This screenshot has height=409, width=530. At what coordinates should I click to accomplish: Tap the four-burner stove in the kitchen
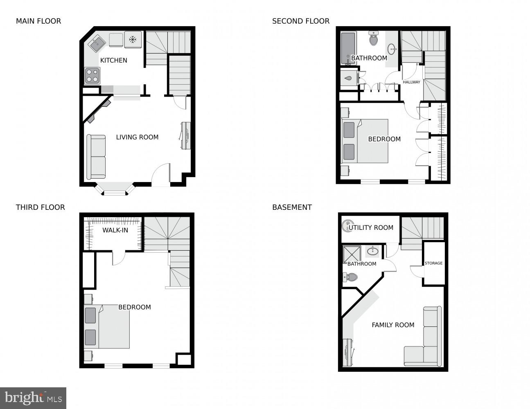92,76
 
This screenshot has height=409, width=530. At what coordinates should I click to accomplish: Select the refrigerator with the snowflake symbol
133,40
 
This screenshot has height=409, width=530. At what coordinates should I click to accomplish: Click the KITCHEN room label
114,60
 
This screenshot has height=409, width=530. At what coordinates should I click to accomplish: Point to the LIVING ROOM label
137,137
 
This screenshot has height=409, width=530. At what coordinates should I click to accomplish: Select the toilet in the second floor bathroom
373,39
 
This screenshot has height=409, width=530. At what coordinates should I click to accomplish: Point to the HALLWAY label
411,82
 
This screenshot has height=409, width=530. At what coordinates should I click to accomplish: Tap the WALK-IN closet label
115,230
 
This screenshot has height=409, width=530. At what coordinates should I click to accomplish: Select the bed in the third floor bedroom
107,327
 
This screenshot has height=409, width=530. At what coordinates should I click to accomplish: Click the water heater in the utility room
347,226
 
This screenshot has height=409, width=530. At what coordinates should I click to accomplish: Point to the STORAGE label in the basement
433,263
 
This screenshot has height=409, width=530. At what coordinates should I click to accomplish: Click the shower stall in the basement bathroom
352,254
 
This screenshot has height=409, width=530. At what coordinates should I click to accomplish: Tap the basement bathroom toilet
351,277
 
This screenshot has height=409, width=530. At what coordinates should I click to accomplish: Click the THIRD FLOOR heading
40,207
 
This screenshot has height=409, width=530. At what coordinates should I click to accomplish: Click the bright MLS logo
33,398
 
